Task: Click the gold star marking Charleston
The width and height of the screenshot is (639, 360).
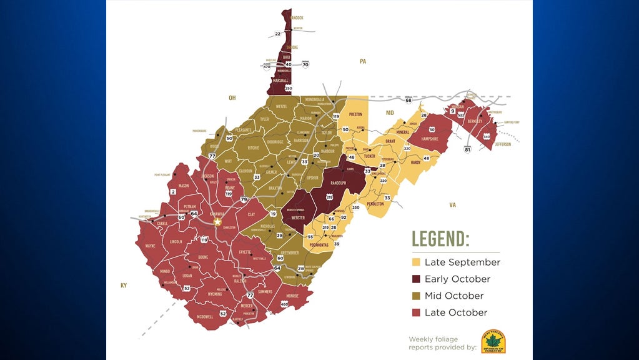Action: point(217,222)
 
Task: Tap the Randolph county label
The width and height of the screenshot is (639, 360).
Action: point(338,182)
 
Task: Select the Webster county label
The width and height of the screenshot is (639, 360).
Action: point(298,217)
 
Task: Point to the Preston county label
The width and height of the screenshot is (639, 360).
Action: point(355,114)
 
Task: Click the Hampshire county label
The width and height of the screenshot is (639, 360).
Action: point(429,139)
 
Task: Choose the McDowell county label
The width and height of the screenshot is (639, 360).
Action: point(205,317)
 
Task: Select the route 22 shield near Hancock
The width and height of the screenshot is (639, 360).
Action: point(278,34)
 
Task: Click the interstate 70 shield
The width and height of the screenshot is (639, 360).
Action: point(305,64)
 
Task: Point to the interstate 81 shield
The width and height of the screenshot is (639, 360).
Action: point(467,149)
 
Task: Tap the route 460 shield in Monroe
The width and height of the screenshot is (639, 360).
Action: point(284,304)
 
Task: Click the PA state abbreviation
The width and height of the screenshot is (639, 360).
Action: point(362,61)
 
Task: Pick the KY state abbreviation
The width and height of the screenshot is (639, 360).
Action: point(124,285)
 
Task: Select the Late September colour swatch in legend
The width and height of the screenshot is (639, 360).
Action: point(415,262)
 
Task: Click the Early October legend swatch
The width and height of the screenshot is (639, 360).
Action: point(415,279)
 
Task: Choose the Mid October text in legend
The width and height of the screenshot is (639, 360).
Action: point(453,296)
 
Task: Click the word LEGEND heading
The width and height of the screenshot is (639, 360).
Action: point(440,239)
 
